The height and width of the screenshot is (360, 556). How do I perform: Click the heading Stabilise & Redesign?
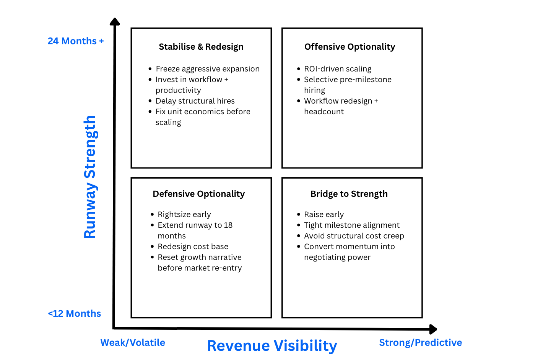coord(201,47)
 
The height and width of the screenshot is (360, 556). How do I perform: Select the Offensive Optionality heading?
coord(350,47)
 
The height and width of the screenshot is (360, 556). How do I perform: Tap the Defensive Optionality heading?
coord(198,194)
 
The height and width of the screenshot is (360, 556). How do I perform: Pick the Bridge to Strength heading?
coord(349,194)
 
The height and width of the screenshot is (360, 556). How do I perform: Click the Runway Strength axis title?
coord(90,177)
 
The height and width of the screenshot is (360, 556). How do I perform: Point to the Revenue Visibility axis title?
coord(272,345)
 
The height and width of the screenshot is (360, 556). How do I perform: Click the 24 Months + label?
coord(76,41)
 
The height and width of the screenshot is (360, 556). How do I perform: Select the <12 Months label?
coord(74,313)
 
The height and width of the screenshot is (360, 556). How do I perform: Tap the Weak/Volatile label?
coord(133,342)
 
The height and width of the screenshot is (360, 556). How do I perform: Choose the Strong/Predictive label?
coord(420,342)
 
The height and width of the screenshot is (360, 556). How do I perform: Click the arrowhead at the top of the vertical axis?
coord(115,21)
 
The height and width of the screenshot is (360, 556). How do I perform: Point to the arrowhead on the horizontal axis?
coord(433,329)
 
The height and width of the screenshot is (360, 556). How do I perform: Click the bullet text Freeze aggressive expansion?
coord(208,69)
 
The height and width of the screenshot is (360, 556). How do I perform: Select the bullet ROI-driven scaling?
coord(338,69)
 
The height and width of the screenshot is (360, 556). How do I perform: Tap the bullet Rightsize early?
coord(184,214)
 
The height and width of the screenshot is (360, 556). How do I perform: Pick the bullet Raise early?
coord(324,214)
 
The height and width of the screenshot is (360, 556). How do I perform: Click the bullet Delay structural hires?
coord(195,101)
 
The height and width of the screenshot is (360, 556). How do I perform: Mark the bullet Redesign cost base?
coord(193,246)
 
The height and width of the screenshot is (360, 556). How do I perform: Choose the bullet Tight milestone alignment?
coord(352,225)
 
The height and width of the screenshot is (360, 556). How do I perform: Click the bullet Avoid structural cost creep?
coord(354,236)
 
